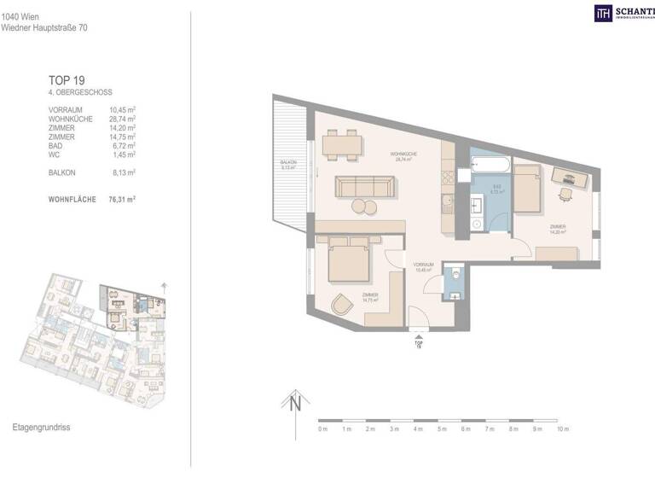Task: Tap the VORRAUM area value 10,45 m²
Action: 123,110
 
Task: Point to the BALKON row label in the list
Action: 63,172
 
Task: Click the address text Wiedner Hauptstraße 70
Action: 44,27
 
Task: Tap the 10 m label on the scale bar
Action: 562,429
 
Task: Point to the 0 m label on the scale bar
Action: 322,429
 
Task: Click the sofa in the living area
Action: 364,186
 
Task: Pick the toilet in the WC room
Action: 456,275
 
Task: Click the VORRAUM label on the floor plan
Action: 424,265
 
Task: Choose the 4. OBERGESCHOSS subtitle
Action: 80,92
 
